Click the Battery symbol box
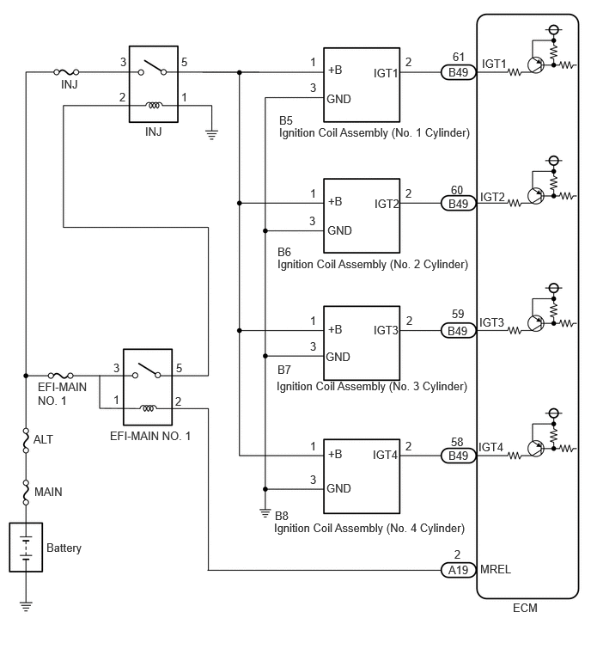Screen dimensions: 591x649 click(x=26, y=547)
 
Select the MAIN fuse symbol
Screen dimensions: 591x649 click(x=26, y=493)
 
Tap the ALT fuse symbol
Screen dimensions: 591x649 click(x=26, y=440)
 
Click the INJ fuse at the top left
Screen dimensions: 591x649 click(x=66, y=72)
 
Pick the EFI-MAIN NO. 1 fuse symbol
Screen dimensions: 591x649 click(x=60, y=376)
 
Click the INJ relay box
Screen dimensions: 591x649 click(x=154, y=84)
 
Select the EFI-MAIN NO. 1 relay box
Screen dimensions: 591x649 click(x=148, y=387)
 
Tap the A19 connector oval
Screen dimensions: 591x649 click(x=458, y=570)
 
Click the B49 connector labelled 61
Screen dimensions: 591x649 click(x=458, y=72)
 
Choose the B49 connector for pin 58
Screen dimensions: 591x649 click(x=458, y=456)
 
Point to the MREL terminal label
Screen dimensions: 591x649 click(x=496, y=570)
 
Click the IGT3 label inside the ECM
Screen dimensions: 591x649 click(x=491, y=322)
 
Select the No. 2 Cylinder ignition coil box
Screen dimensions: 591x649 click(x=362, y=216)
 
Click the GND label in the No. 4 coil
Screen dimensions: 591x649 click(x=338, y=488)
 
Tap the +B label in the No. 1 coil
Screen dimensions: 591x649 click(x=335, y=70)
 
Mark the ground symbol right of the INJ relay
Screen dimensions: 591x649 click(x=212, y=134)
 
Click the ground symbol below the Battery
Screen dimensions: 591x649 click(x=26, y=607)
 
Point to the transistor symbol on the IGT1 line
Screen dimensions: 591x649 click(x=535, y=65)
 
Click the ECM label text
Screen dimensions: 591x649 click(x=525, y=608)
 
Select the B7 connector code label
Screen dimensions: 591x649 click(x=284, y=370)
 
